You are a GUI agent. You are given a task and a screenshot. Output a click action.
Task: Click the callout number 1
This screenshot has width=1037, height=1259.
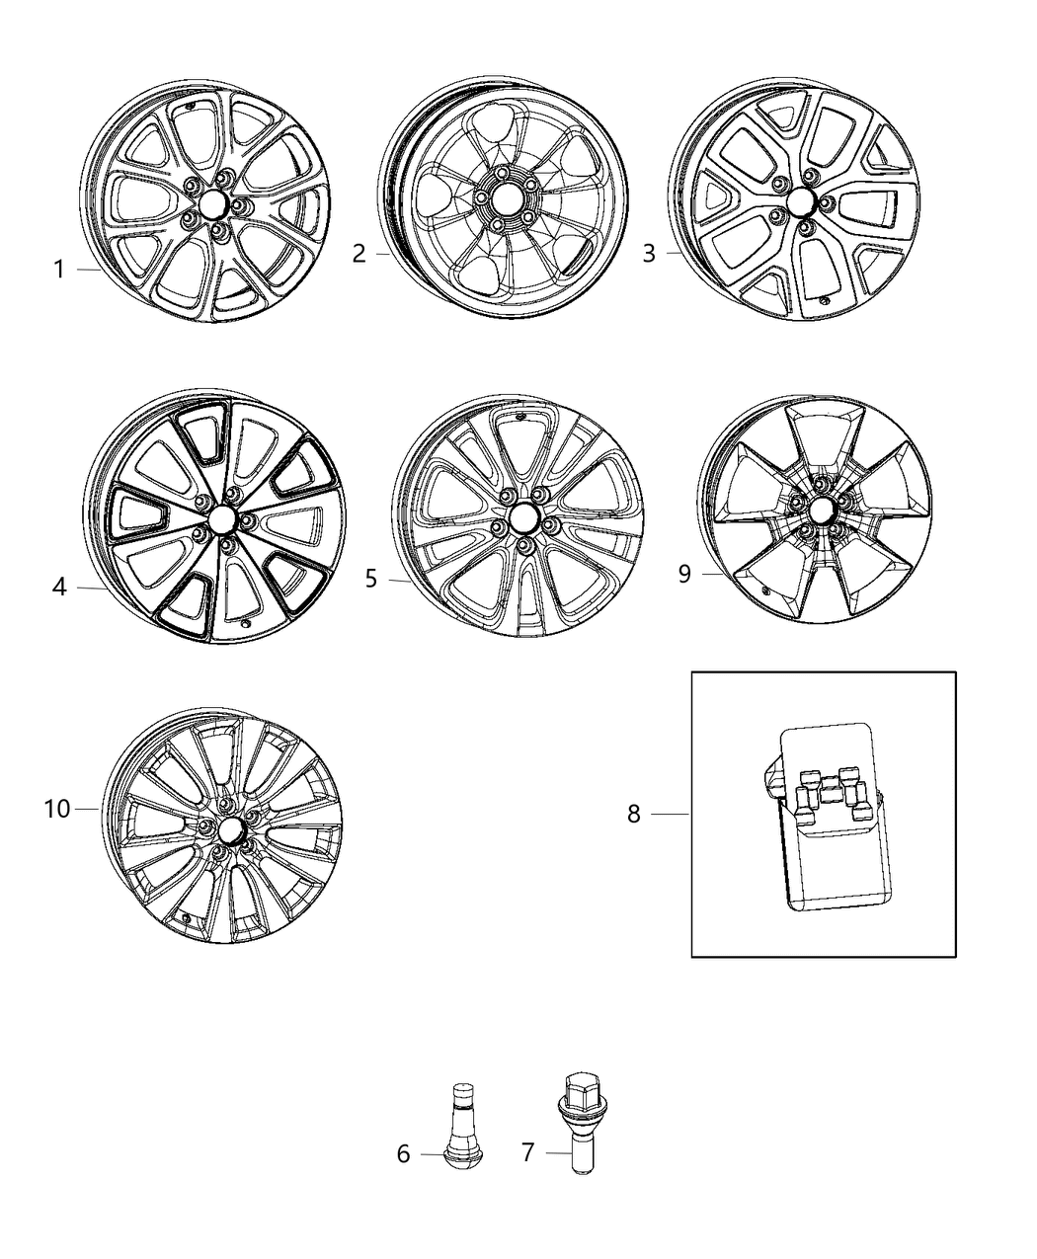point(58,270)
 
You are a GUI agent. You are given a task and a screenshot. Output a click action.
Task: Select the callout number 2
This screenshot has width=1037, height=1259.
point(359,254)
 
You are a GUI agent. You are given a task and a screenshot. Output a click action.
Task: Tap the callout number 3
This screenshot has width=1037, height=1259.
point(649,254)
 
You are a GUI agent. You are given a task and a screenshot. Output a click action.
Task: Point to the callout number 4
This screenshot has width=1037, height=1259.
point(59,588)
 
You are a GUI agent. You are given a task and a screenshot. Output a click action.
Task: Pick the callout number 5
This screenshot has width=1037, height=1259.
point(371,579)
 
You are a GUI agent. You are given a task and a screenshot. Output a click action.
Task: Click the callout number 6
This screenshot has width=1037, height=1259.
point(403,1153)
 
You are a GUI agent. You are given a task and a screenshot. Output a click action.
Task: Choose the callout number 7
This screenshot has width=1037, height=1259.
point(528,1152)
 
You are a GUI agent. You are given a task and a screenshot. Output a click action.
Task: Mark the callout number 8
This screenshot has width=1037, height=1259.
point(634,814)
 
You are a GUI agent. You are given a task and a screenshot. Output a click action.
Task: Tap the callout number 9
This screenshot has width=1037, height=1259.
point(684,575)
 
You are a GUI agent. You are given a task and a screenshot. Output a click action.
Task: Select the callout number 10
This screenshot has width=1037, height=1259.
point(57,809)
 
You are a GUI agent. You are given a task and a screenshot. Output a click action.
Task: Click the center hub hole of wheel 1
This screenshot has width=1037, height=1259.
point(211,204)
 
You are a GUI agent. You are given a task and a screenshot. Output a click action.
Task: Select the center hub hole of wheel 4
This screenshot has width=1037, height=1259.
point(219,519)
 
